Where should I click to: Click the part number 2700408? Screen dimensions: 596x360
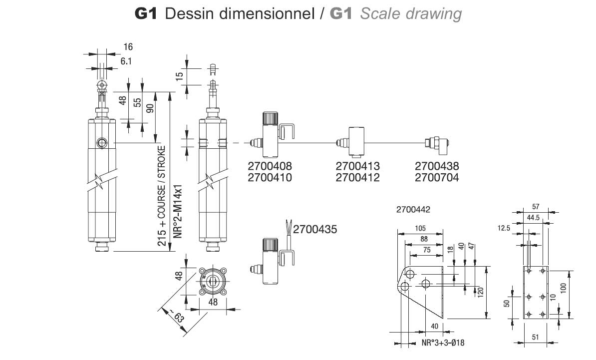270,166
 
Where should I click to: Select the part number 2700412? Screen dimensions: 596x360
358,178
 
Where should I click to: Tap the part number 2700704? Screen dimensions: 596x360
437,178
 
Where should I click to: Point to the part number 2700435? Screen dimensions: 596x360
315,229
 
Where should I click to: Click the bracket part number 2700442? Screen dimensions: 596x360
413,210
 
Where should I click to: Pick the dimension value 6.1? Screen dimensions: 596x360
126,61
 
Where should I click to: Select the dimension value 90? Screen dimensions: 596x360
150,108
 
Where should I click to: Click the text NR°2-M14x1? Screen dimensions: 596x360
178,212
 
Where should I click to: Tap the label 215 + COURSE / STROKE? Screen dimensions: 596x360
162,196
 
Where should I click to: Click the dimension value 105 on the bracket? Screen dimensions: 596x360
420,229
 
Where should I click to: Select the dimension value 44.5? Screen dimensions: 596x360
533,218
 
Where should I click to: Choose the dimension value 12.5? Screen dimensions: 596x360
504,228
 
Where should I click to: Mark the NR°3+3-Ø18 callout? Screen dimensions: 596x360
443,343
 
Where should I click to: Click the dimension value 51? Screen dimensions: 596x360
535,337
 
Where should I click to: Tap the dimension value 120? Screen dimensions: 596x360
481,292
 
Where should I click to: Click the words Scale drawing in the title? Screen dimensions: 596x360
411,13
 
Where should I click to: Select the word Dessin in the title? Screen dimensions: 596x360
190,13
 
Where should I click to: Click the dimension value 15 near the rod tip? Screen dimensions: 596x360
180,76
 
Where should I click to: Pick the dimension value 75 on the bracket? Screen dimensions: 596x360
427,250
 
